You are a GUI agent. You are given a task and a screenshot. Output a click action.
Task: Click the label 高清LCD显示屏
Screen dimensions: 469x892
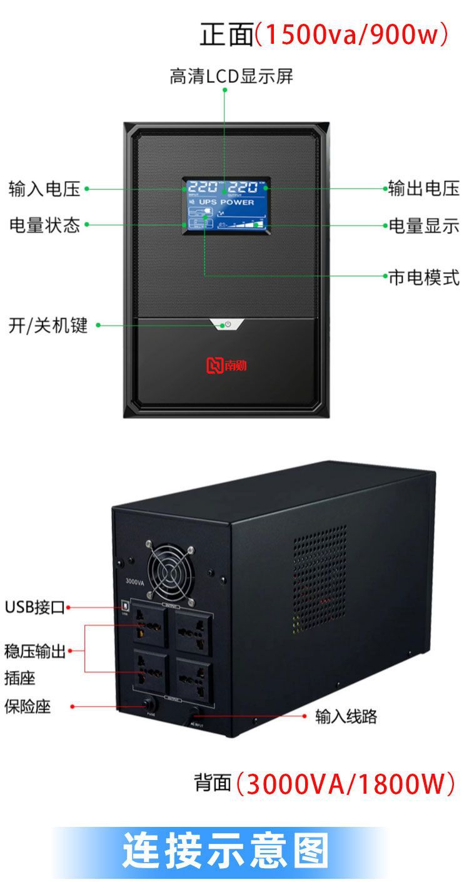pyautogui.click(x=231, y=76)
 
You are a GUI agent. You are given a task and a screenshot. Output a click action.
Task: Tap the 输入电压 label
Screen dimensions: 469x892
pyautogui.click(x=44, y=188)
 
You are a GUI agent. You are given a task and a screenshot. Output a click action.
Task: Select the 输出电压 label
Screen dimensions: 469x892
pyautogui.click(x=424, y=188)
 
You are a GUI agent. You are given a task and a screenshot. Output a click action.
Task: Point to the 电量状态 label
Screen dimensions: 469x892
pyautogui.click(x=44, y=225)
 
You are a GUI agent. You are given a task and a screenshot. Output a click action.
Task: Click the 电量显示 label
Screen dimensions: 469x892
pyautogui.click(x=424, y=225)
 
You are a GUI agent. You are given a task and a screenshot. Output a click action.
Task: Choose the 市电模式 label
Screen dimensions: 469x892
pyautogui.click(x=424, y=277)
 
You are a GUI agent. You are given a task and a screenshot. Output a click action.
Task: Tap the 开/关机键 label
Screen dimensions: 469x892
pyautogui.click(x=48, y=326)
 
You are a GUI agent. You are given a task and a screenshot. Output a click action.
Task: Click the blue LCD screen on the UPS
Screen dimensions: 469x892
pyautogui.click(x=226, y=205)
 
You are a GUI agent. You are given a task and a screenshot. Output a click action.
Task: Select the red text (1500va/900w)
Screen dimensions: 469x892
pyautogui.click(x=352, y=34)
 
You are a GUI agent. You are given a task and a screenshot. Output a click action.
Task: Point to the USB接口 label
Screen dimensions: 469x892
pyautogui.click(x=35, y=607)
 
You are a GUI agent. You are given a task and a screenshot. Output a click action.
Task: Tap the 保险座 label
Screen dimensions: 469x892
pyautogui.click(x=28, y=707)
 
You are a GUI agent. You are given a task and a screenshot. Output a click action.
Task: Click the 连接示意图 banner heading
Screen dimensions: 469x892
pyautogui.click(x=225, y=851)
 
